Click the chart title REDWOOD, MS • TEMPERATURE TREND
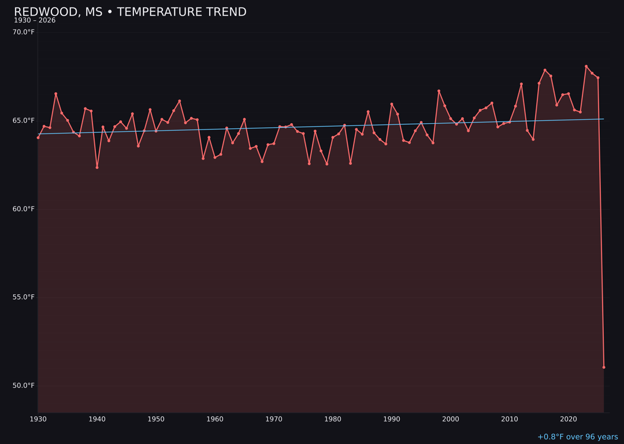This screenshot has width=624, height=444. click(130, 12)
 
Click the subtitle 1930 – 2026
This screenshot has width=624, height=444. click(35, 20)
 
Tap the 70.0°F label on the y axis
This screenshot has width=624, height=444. click(24, 32)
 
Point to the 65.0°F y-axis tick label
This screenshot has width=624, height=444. click(24, 120)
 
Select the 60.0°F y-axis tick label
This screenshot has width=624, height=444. click(24, 209)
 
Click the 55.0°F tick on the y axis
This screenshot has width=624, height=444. click(24, 297)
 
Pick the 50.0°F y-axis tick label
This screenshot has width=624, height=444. click(24, 386)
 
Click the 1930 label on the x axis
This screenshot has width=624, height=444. click(38, 419)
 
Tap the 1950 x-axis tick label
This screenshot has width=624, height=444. click(156, 419)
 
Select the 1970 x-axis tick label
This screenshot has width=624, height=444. click(274, 419)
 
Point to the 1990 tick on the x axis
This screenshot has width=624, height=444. click(392, 419)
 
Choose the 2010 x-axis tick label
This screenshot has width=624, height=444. click(510, 419)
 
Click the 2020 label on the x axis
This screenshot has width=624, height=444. click(569, 419)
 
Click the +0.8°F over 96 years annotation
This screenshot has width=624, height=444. click(577, 437)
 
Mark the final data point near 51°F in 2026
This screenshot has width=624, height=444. click(604, 367)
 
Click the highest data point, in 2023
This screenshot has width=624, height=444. click(586, 66)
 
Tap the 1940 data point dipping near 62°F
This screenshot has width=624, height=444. click(97, 167)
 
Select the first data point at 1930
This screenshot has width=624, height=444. click(38, 138)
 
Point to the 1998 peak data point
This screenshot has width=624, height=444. click(439, 91)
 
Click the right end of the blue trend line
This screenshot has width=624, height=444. click(604, 119)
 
